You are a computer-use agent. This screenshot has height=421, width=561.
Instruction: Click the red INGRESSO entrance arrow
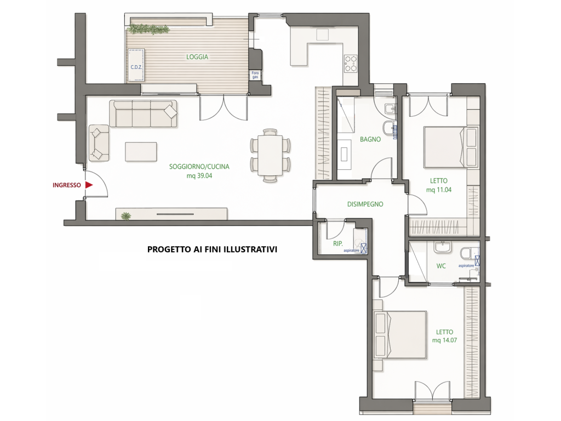click(x=89, y=185)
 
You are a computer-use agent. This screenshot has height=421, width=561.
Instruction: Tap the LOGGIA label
click(x=197, y=57)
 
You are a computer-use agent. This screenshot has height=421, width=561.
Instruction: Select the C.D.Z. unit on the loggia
click(x=136, y=66)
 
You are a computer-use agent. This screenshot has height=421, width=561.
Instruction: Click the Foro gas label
click(x=255, y=75)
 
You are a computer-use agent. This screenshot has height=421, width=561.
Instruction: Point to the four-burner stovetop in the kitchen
click(x=351, y=64)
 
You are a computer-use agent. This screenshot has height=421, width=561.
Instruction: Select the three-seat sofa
click(x=143, y=113)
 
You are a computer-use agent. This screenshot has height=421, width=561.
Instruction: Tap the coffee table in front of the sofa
click(x=141, y=152)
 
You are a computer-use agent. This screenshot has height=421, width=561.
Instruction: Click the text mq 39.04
click(x=199, y=176)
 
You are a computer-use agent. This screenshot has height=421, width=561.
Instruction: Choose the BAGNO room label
click(x=370, y=139)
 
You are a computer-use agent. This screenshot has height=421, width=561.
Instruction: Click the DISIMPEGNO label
click(x=365, y=204)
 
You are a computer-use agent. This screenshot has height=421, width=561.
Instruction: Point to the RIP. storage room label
click(x=337, y=243)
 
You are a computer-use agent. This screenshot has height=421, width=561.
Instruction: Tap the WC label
click(x=441, y=266)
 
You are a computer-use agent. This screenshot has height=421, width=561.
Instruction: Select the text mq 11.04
click(x=439, y=190)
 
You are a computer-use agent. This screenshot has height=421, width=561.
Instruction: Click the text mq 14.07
click(x=444, y=340)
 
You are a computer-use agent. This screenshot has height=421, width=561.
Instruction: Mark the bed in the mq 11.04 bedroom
click(x=451, y=147)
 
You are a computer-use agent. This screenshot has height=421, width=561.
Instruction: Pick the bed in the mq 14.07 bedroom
click(x=400, y=335)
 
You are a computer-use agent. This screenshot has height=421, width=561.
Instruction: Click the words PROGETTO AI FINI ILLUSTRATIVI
click(x=212, y=249)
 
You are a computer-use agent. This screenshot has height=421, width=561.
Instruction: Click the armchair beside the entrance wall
click(x=99, y=143)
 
